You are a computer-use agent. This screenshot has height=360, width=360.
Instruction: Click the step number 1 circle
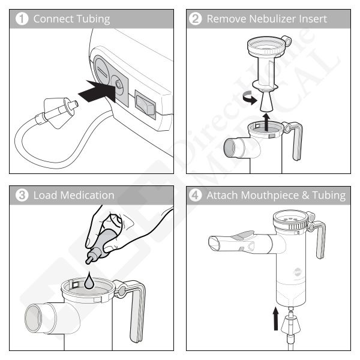point(22,19)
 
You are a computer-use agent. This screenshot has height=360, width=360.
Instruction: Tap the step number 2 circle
point(196,19)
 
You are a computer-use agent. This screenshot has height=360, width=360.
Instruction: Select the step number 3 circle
point(22,195)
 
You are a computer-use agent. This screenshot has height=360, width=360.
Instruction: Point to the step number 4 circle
point(196,195)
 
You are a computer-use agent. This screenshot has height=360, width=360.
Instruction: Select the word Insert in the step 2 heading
point(312,19)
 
